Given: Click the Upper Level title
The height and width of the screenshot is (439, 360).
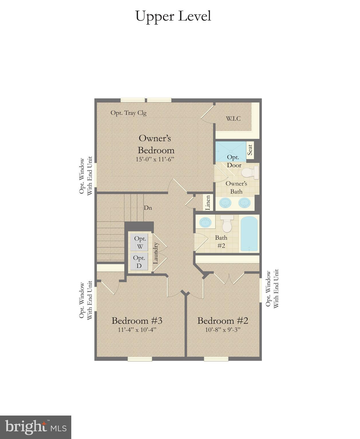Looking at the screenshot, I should pos(173,16).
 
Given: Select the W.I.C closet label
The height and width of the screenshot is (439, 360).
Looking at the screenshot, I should pos(234,119).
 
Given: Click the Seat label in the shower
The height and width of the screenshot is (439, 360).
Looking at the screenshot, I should pos(250,150).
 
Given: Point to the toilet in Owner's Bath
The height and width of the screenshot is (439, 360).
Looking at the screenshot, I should pos(250,173).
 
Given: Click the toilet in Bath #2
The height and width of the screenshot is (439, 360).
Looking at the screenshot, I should pos(227,223).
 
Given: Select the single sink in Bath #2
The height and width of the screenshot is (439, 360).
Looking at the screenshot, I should pos(205,222).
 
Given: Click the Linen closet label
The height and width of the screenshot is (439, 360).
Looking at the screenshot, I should pos(208,202).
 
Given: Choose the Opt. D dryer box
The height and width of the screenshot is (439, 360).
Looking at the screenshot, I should pos(139,261).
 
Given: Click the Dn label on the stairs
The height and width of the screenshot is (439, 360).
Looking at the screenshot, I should pos(148,208).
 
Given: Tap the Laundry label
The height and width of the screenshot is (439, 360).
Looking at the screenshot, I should pos(156,253).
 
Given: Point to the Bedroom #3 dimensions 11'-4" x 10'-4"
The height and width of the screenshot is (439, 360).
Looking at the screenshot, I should pos(137,330).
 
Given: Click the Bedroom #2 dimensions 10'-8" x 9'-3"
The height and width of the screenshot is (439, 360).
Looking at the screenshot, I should pos(223,330).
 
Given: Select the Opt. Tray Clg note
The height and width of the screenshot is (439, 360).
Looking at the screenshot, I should pos(128,113).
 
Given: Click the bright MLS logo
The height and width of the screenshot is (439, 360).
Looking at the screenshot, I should pos(35,427).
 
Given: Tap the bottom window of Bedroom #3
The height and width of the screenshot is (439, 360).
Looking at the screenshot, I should pos(140,359).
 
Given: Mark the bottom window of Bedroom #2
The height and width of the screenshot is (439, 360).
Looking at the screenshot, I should pos(216,359).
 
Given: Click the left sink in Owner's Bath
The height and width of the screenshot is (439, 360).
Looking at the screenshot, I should pos(226,203).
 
